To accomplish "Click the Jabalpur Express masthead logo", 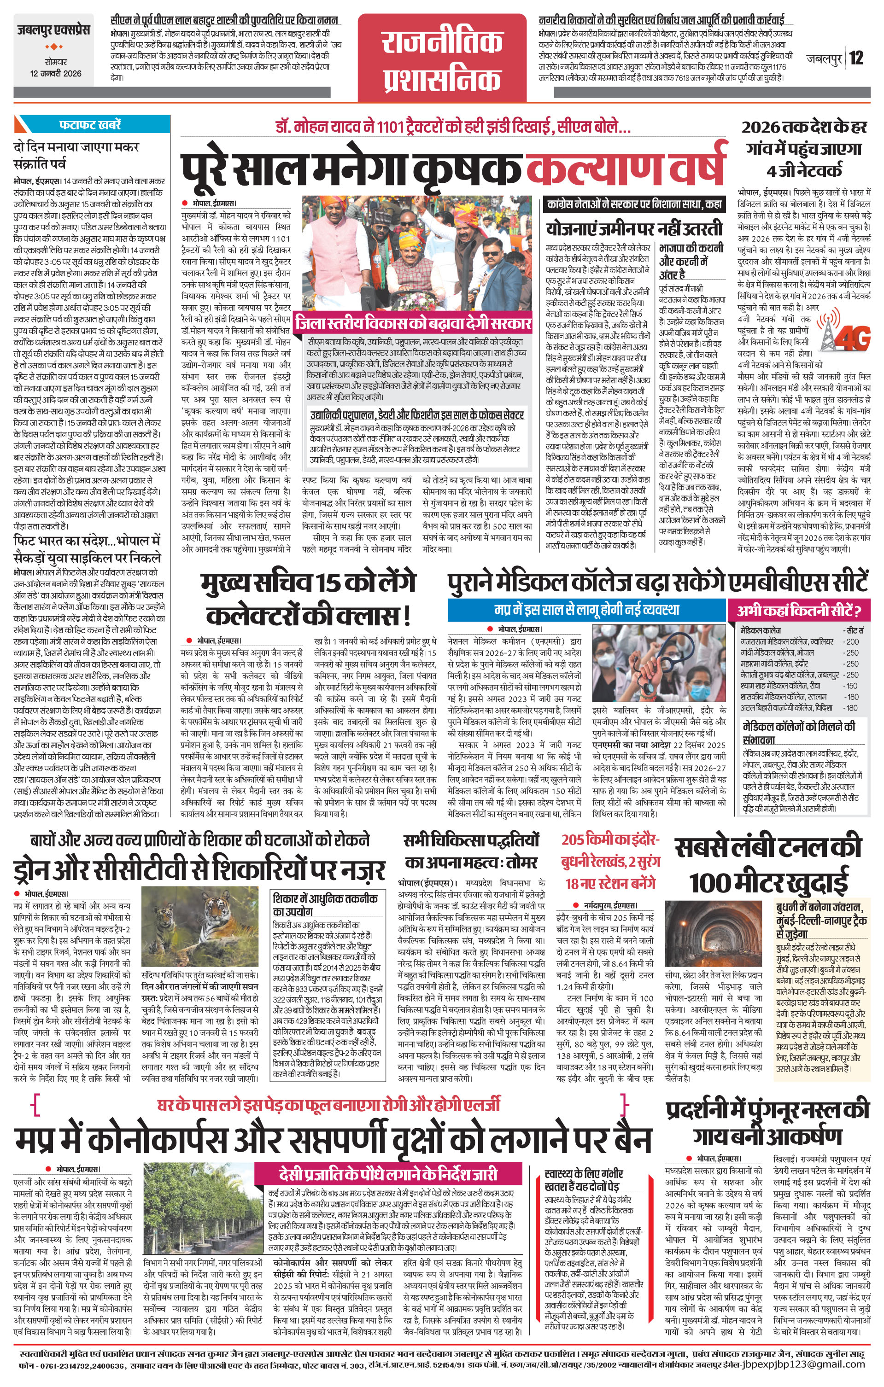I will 53,30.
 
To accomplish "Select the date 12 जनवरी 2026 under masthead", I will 56,74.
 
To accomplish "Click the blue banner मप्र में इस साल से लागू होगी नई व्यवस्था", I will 586,609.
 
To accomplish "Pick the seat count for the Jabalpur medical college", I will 851,675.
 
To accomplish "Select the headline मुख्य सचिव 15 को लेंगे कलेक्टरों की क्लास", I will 308,599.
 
